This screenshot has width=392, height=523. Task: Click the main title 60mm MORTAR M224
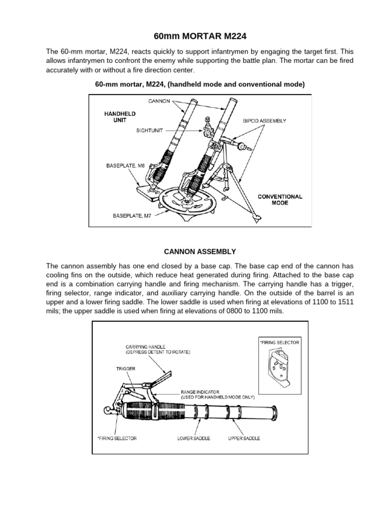pyautogui.click(x=195, y=36)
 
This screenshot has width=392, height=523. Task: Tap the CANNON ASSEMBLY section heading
pyautogui.click(x=200, y=251)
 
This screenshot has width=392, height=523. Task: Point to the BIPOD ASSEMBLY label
pyautogui.click(x=264, y=121)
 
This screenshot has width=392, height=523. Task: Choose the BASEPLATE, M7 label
pyautogui.click(x=130, y=216)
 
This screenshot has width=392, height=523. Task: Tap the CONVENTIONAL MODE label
pyautogui.click(x=280, y=199)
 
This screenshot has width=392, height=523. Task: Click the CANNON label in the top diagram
pyautogui.click(x=159, y=101)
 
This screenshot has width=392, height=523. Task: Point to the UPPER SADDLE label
pyautogui.click(x=244, y=438)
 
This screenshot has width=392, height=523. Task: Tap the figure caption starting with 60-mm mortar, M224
pyautogui.click(x=200, y=84)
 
